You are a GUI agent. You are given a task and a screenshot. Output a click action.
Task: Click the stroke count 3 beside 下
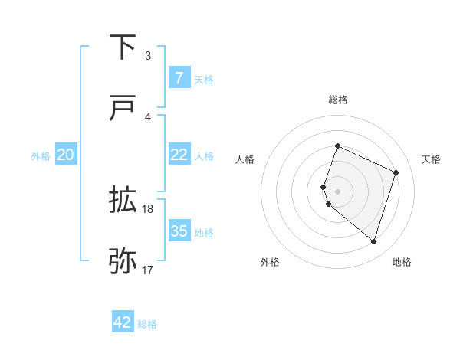tap(148, 55)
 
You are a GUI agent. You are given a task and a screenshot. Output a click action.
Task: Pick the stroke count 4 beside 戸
tap(148, 116)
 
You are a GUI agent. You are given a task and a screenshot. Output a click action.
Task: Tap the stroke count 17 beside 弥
tap(148, 270)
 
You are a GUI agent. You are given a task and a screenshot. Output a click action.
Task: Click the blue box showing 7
tap(179, 77)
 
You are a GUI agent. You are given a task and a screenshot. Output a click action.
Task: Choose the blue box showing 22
tap(179, 155)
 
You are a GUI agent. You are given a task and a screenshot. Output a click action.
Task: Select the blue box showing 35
tap(179, 231)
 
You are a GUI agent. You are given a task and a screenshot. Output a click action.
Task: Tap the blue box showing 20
tap(65, 155)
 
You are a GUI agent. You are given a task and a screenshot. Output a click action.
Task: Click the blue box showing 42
tap(123, 322)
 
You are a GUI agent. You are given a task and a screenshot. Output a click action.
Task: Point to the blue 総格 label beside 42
tap(147, 324)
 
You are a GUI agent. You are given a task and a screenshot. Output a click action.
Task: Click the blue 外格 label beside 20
tap(41, 156)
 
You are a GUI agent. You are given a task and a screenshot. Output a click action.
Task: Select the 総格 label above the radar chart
tap(337, 100)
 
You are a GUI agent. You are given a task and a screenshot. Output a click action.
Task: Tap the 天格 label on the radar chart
tap(431, 159)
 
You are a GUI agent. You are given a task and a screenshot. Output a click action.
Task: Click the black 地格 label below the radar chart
tap(402, 262)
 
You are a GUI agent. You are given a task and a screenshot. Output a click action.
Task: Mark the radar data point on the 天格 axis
tap(396, 172)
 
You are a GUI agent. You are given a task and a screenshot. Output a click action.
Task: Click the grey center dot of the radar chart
tap(337, 191)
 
